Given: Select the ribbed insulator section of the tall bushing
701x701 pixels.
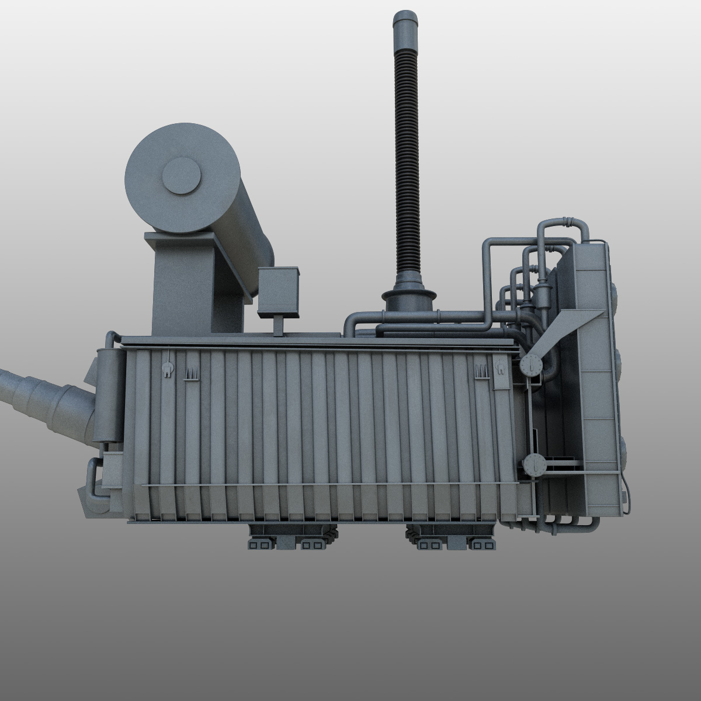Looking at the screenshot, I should coord(402,164).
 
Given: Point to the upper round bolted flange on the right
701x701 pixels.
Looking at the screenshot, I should coord(531,367).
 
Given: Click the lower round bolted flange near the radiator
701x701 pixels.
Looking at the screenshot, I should coord(534,466).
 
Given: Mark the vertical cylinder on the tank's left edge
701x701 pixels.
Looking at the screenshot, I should coord(106,394).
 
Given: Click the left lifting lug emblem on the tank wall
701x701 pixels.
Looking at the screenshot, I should coord(167,369).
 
